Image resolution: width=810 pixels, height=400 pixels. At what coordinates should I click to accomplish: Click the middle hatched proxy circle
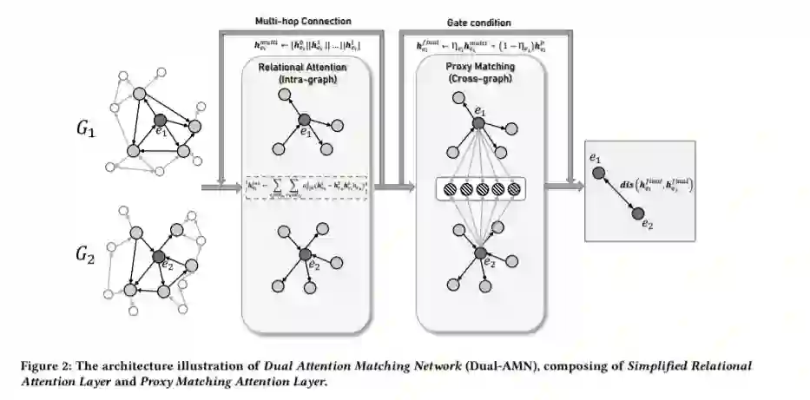click(x=479, y=187)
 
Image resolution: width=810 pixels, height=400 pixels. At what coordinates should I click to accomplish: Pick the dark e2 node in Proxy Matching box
click(x=479, y=252)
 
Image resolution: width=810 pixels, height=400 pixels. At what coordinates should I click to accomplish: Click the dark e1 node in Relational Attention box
click(x=304, y=121)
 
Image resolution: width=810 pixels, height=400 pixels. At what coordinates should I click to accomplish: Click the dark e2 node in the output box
click(x=637, y=213)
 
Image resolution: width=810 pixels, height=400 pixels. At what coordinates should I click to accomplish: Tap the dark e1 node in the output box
click(x=598, y=174)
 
